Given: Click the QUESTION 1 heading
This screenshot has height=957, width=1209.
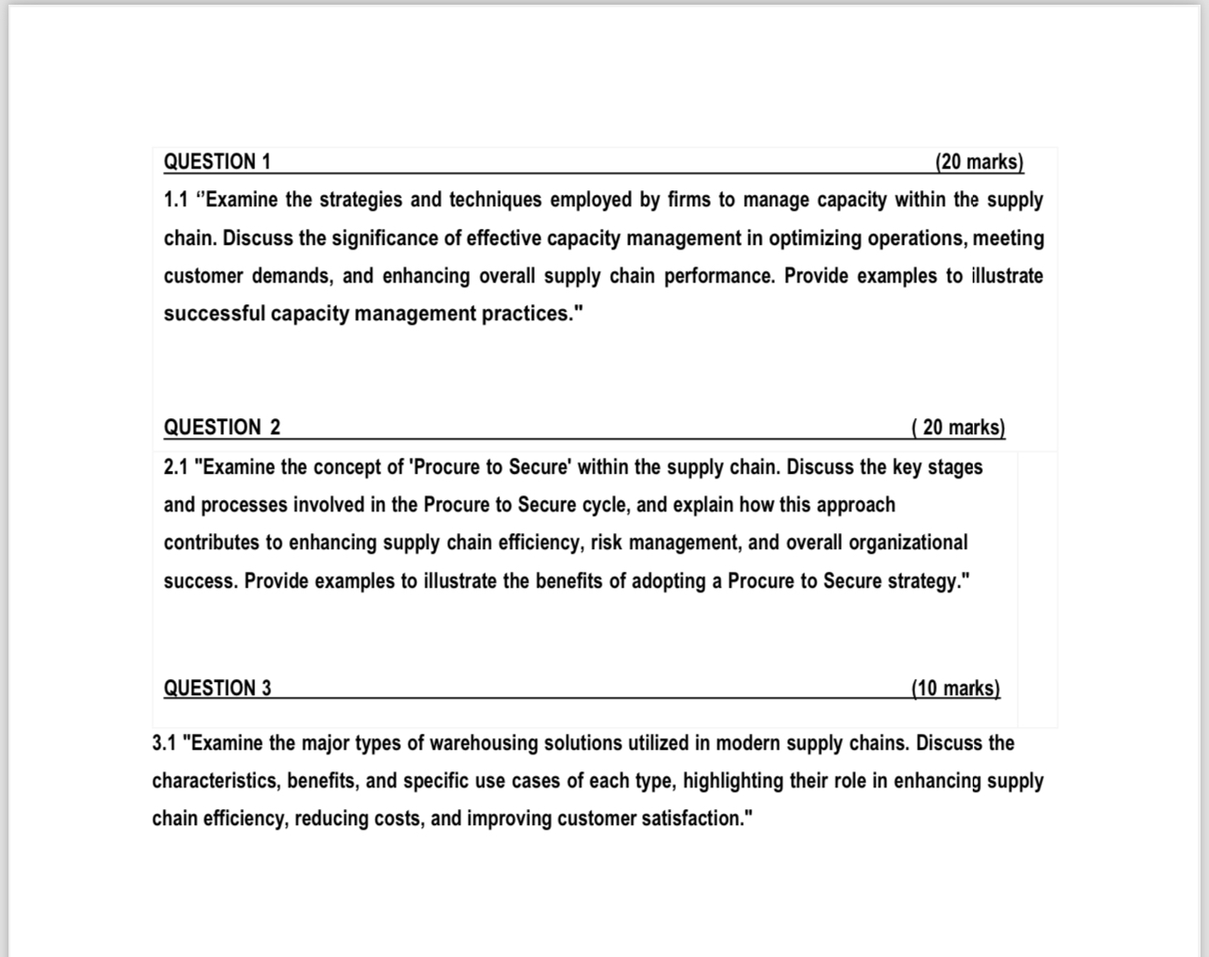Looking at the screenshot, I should point(218,162).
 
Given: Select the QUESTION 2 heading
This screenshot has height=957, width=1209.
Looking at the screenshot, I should point(222,428).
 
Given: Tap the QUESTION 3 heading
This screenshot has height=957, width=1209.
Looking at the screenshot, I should point(218,689).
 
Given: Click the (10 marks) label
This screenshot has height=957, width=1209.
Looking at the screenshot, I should point(956,689).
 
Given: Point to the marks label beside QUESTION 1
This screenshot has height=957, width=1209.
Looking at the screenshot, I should point(979,162).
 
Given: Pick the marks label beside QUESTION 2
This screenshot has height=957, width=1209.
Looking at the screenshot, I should point(959,428).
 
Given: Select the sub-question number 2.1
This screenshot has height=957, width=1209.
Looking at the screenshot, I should point(176,467).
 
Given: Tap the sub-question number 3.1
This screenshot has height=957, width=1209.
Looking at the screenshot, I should point(165,743).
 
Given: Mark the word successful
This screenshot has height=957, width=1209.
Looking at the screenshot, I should point(215,314).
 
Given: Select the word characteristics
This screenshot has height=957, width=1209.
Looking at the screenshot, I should point(216,781).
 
